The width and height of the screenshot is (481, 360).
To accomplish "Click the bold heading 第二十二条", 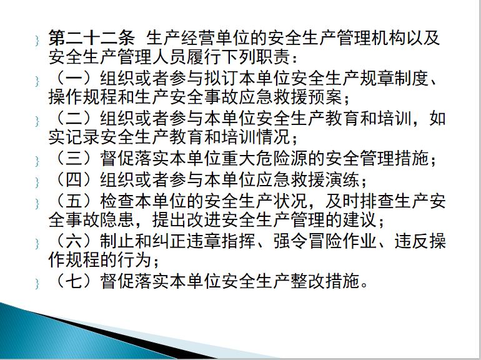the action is click(91, 38).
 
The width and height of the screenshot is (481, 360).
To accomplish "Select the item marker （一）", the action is click(74, 78).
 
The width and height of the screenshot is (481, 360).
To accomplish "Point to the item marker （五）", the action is click(74, 201).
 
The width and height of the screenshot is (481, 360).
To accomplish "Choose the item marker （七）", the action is click(74, 281).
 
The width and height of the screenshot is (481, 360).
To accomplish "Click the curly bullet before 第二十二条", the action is click(37, 41).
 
